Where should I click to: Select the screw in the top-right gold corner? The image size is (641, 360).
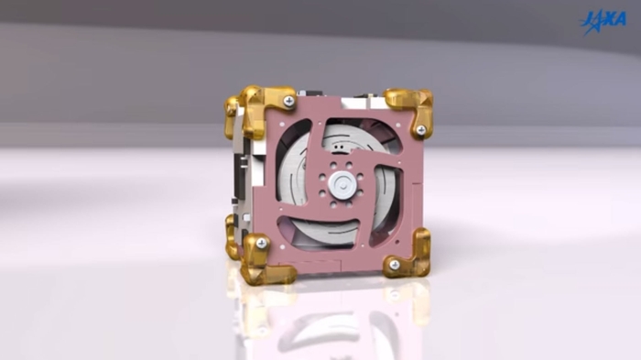420,130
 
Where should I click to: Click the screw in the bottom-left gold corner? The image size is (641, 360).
261,243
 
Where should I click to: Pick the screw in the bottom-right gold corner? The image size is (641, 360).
394,265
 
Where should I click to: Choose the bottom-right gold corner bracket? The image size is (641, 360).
411,256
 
